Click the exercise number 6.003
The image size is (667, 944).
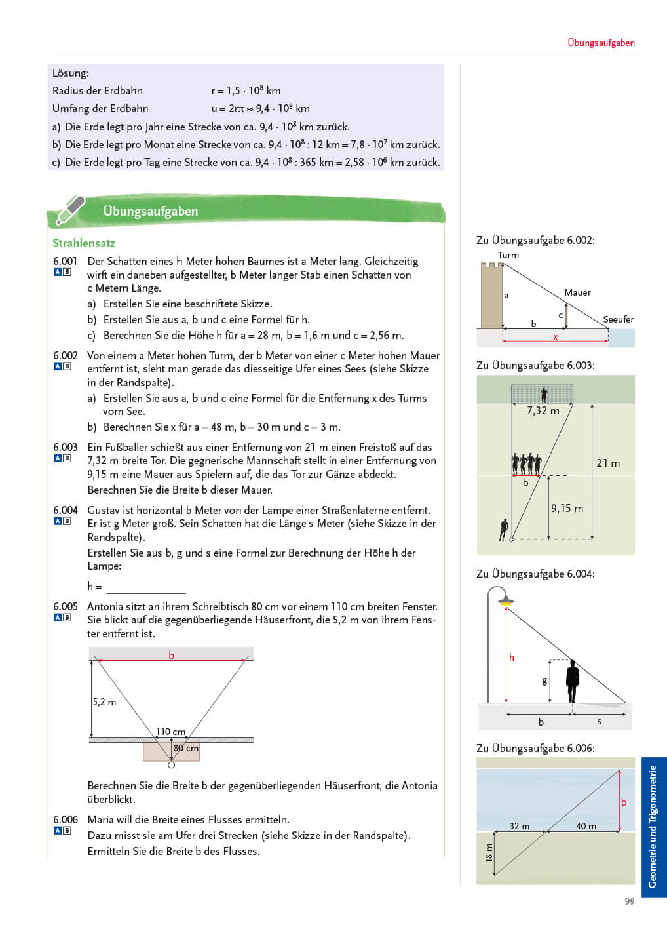pyautogui.click(x=65, y=447)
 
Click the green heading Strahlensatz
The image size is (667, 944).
pyautogui.click(x=84, y=243)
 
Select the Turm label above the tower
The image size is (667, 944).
pyautogui.click(x=508, y=255)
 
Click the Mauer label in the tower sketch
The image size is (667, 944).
pyautogui.click(x=577, y=292)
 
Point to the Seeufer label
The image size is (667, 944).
pyautogui.click(x=618, y=319)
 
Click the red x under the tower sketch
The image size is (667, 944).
pyautogui.click(x=556, y=337)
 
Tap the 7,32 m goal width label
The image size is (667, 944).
pyautogui.click(x=543, y=411)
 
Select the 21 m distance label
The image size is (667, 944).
pyautogui.click(x=608, y=463)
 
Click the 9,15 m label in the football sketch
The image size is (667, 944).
pyautogui.click(x=567, y=508)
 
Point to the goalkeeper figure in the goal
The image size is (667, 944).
pyautogui.click(x=544, y=394)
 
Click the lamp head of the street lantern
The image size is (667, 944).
pyautogui.click(x=505, y=600)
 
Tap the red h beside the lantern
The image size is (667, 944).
pyautogui.click(x=512, y=657)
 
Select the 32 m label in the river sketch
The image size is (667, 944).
pyautogui.click(x=520, y=826)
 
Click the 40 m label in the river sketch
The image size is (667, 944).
pyautogui.click(x=586, y=826)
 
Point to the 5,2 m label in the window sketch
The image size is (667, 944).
pyautogui.click(x=104, y=702)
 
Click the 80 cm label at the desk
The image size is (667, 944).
pyautogui.click(x=186, y=748)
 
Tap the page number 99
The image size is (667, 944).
pyautogui.click(x=629, y=901)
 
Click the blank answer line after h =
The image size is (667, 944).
pyautogui.click(x=145, y=588)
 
